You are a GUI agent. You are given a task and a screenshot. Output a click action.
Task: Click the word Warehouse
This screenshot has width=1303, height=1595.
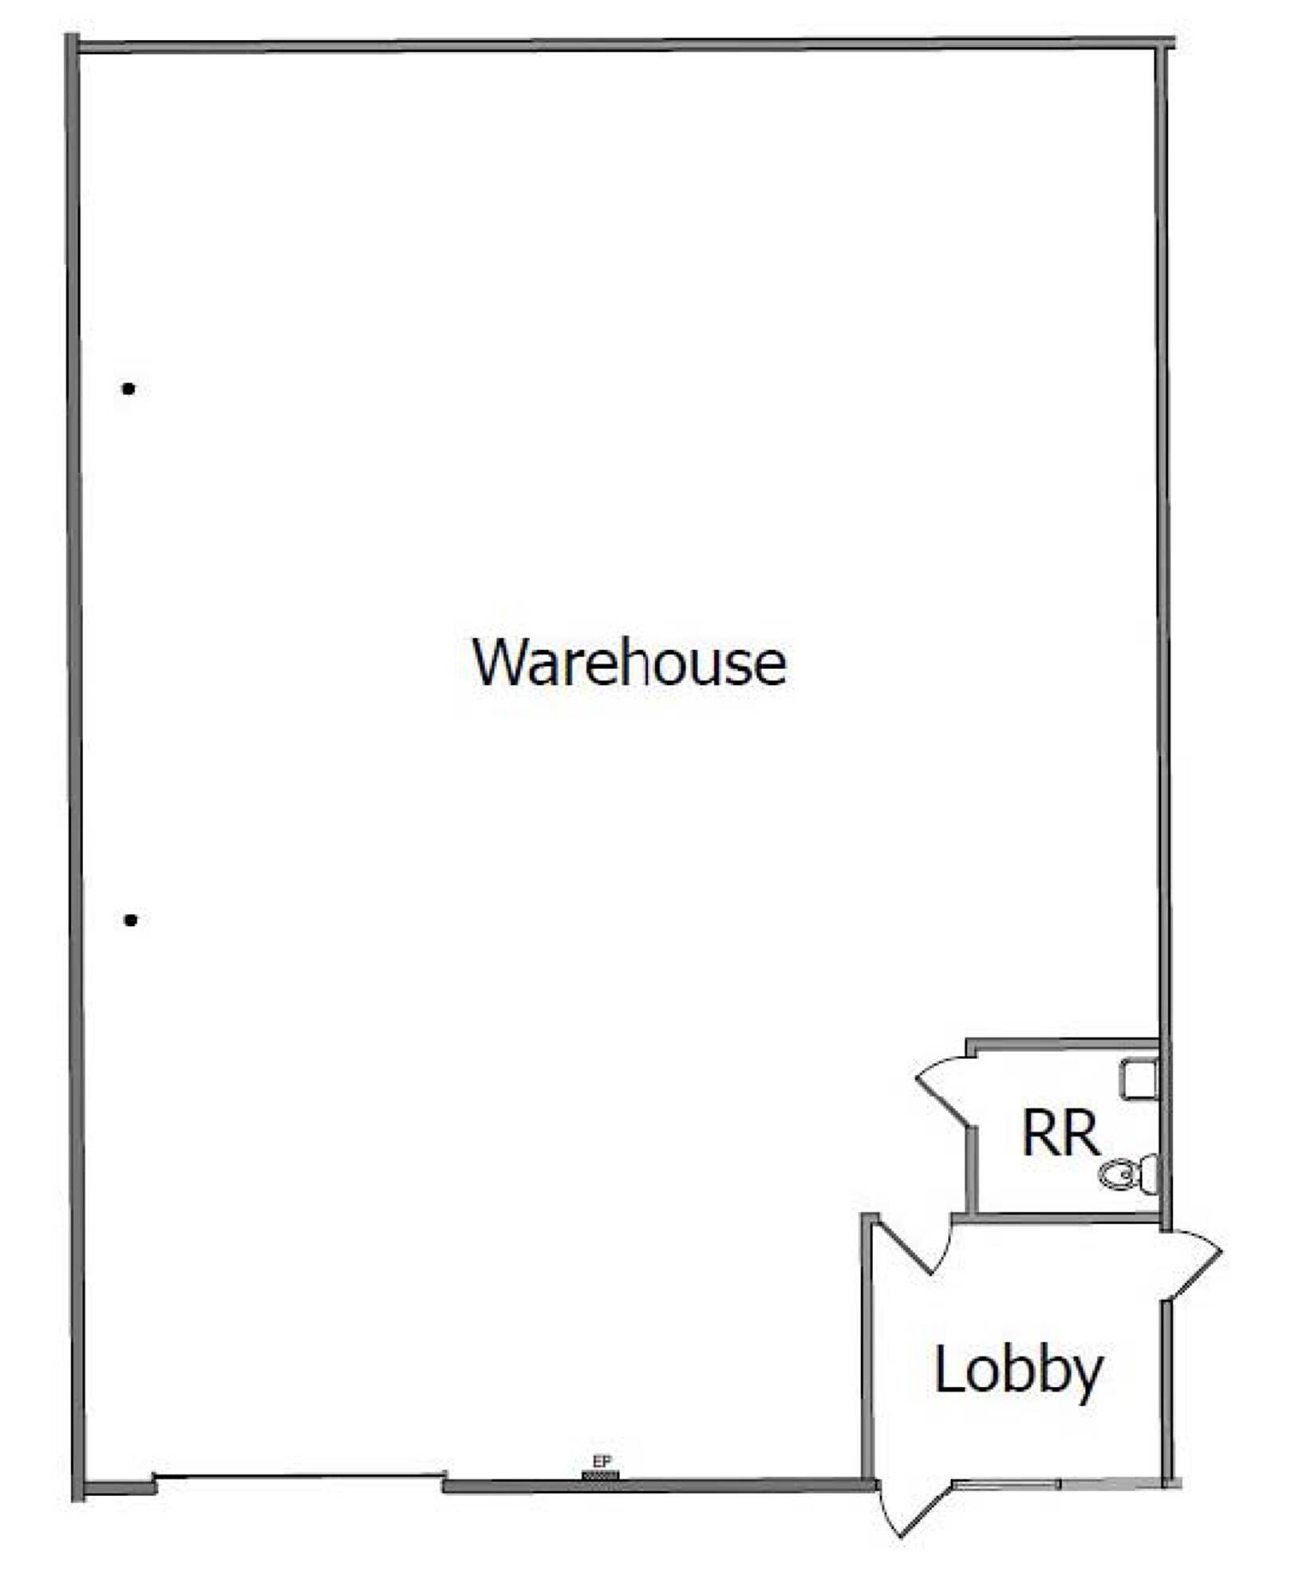tap(629, 663)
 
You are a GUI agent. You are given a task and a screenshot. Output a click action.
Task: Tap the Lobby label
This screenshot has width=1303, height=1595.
tap(1018, 1370)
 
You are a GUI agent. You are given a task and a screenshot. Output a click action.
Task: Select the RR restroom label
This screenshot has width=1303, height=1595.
tap(1060, 1133)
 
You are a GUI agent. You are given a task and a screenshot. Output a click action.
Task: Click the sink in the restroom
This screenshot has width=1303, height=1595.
tap(1139, 1079)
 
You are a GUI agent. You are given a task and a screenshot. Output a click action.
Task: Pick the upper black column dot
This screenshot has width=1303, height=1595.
tap(128, 389)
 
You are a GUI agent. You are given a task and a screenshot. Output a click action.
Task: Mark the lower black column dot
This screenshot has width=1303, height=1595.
tap(131, 920)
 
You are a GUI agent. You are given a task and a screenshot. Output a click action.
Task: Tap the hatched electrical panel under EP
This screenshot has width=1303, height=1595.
tap(601, 1475)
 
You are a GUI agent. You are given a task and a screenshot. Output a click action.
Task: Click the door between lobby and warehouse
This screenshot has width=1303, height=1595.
tap(914, 1246)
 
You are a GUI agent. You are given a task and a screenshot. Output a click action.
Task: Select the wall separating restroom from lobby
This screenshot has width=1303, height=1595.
tap(1057, 1218)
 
